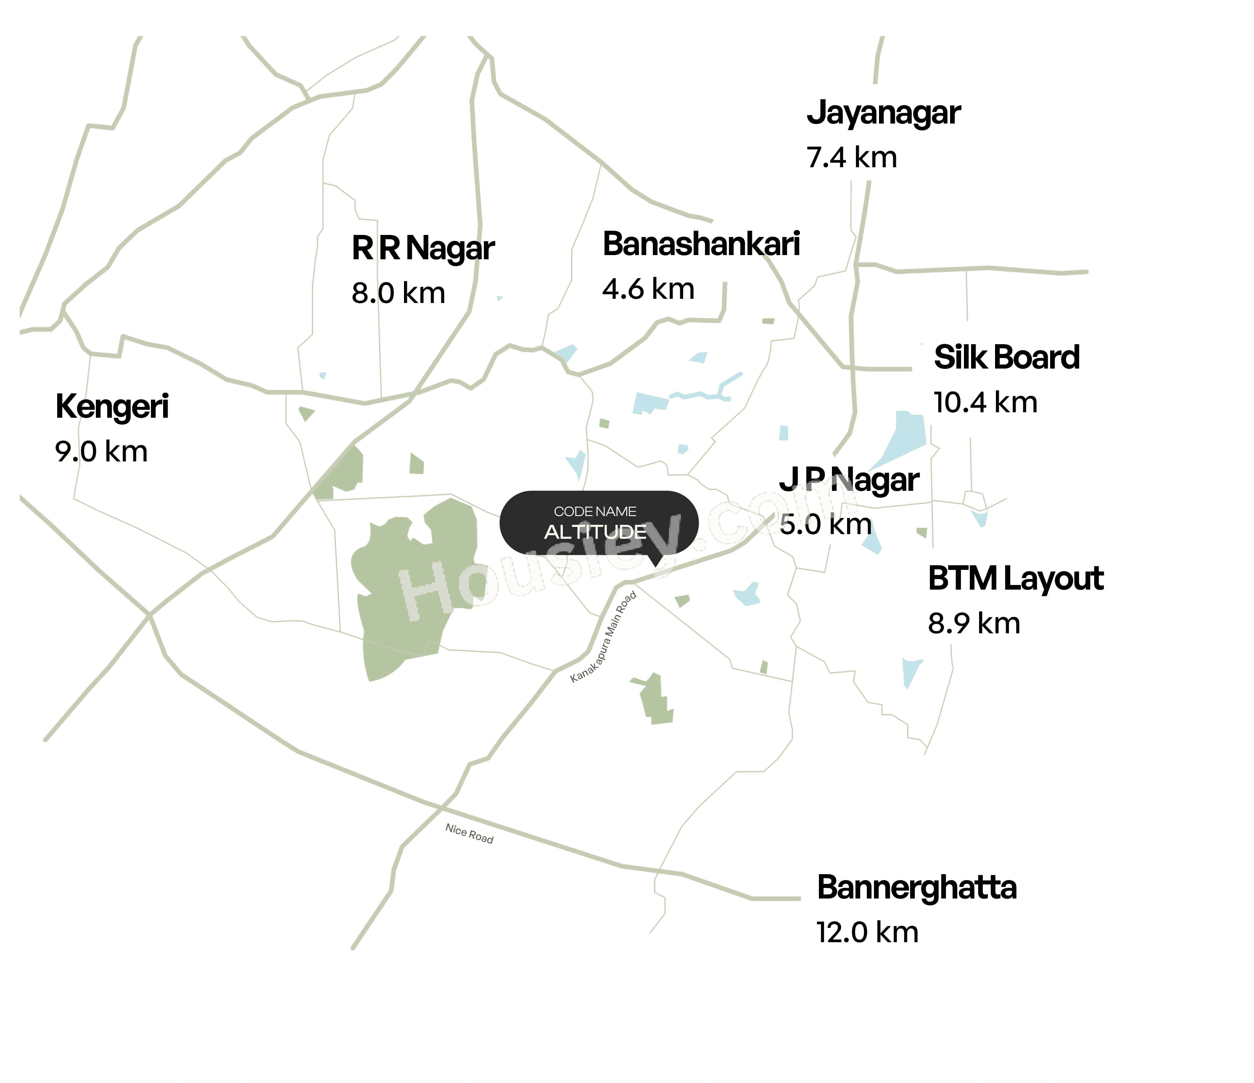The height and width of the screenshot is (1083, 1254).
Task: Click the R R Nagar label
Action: click(x=422, y=248)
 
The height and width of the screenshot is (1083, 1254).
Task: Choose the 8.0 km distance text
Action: click(x=398, y=293)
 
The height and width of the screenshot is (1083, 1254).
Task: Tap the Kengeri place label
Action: click(x=112, y=406)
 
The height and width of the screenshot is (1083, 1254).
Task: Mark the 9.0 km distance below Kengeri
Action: click(x=101, y=452)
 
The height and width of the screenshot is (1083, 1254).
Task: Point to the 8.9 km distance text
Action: click(x=973, y=624)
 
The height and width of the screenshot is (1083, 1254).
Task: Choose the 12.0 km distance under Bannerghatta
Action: click(x=867, y=933)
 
